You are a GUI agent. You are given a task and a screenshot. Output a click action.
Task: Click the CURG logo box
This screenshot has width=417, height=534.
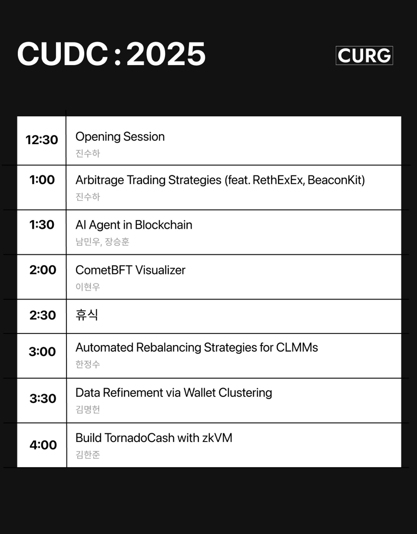click(x=364, y=55)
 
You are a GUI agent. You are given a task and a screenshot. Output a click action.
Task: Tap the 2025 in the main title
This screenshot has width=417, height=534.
click(x=166, y=54)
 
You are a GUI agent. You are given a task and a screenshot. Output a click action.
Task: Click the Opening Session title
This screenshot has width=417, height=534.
click(x=120, y=137)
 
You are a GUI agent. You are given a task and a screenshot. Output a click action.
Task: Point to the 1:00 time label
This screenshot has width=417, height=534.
click(x=42, y=180)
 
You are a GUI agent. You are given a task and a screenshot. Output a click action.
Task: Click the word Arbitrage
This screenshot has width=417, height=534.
click(x=100, y=180)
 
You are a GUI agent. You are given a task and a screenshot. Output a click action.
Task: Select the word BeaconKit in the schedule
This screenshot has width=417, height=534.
click(x=336, y=180)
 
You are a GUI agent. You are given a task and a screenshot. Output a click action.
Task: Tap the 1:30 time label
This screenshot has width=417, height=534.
click(x=42, y=225)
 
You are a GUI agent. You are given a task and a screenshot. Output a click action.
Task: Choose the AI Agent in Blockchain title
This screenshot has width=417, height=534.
click(x=134, y=225)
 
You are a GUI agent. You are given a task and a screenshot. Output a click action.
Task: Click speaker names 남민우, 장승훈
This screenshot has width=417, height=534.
click(x=102, y=242)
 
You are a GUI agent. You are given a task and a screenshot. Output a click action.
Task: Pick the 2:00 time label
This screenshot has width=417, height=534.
click(x=43, y=270)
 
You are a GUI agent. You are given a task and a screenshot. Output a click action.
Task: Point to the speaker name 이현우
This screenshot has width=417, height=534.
click(x=88, y=287)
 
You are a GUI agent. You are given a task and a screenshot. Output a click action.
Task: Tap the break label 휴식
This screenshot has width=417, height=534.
click(x=87, y=315)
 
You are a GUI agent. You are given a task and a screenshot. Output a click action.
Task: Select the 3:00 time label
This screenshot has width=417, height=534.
click(x=42, y=352)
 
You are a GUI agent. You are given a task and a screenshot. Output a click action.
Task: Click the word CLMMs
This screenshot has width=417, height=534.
click(x=297, y=347)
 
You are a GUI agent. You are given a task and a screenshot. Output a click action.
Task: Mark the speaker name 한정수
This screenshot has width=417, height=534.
click(x=88, y=364)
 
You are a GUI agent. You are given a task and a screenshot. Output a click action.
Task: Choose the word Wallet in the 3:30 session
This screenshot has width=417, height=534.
click(x=200, y=393)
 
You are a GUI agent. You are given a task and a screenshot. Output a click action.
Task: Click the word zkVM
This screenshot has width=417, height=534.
click(x=217, y=438)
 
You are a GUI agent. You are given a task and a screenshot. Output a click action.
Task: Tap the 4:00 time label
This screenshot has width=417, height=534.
click(x=43, y=445)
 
